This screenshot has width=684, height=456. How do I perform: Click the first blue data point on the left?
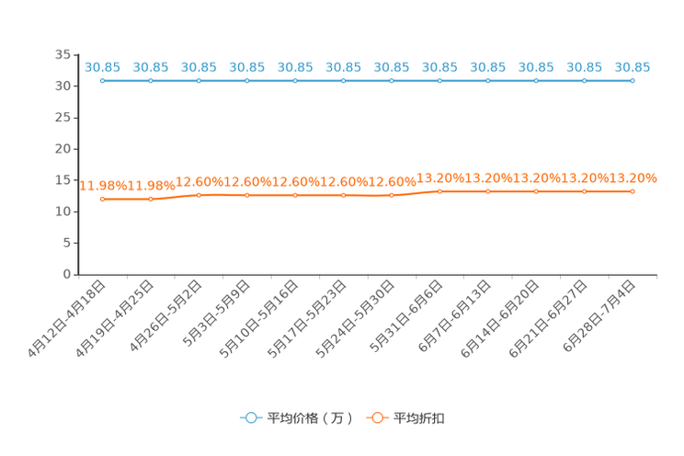click(102, 81)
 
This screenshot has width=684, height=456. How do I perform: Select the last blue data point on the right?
click(633, 81)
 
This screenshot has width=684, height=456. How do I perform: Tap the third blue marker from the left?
click(199, 81)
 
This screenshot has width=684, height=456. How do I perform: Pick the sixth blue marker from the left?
click(343, 81)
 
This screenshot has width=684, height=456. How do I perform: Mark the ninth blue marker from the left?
click(488, 81)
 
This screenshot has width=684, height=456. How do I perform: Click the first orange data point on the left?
click(102, 199)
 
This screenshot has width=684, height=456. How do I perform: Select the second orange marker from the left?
click(151, 199)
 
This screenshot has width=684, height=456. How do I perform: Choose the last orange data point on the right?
click(633, 191)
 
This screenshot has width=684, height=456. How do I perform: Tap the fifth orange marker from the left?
click(295, 195)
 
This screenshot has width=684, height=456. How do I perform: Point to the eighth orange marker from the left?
click(439, 191)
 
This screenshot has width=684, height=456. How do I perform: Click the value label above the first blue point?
click(102, 67)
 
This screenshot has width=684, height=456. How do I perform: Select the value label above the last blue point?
click(633, 67)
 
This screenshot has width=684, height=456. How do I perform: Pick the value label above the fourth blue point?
click(246, 67)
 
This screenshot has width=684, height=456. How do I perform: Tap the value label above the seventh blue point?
click(392, 67)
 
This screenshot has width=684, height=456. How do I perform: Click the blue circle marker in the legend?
click(250, 417)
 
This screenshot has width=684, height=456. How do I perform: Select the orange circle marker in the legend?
click(377, 417)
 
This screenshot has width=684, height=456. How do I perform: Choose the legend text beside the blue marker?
click(310, 418)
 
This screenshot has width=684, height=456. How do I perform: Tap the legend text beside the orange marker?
click(421, 418)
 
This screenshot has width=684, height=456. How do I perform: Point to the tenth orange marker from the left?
click(536, 191)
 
